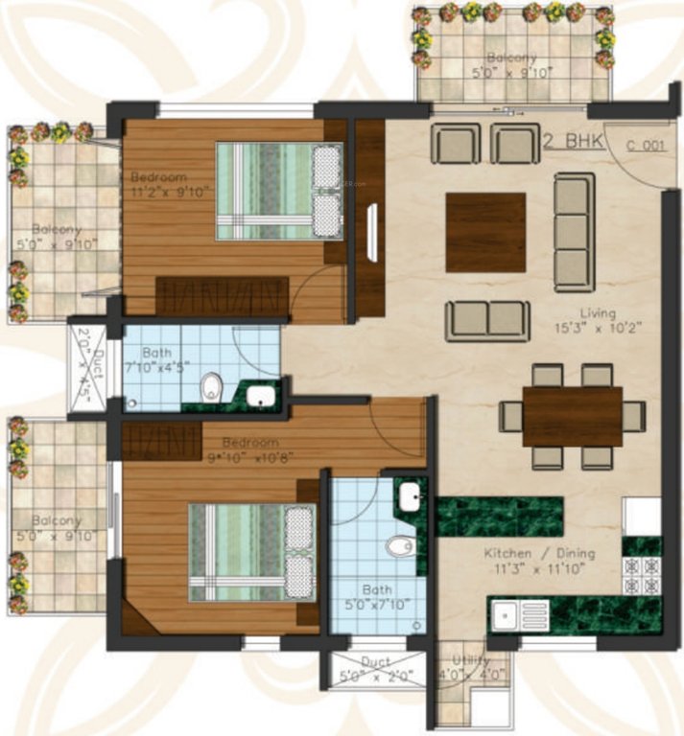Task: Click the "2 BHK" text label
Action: (x=573, y=142)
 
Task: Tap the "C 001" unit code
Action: (x=645, y=146)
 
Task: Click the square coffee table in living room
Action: (x=485, y=232)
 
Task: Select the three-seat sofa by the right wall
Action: (x=574, y=232)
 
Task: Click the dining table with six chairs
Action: (x=573, y=416)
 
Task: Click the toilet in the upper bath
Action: (x=212, y=387)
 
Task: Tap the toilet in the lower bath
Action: (x=399, y=547)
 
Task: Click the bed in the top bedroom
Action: (x=278, y=190)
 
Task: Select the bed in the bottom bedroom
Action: (x=251, y=553)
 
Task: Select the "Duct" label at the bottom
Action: (x=375, y=661)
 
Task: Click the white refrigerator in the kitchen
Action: (x=641, y=517)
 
